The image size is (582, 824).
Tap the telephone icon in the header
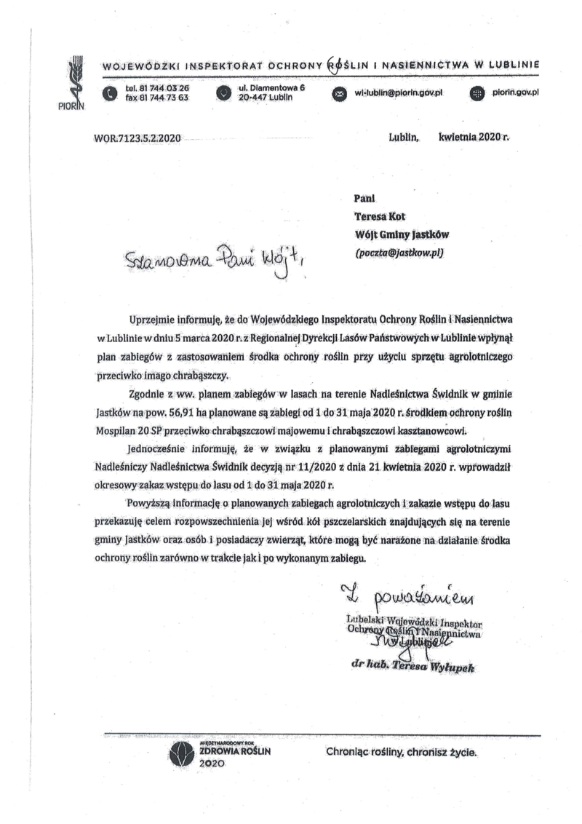point(109,93)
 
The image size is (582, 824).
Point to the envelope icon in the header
point(338,93)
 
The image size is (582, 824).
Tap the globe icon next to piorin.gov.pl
point(477,93)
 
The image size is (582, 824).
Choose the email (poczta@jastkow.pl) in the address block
point(399,253)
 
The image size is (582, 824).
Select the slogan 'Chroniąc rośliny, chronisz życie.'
point(402,753)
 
